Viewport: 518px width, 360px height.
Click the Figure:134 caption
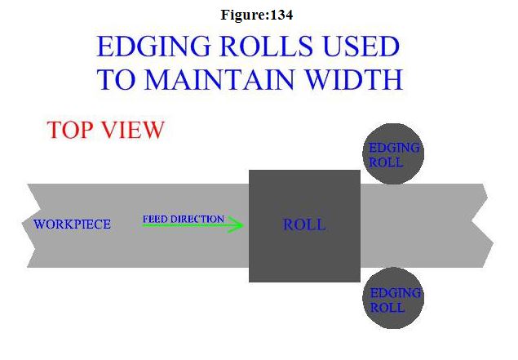point(258,15)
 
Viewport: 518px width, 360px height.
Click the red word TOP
point(70,130)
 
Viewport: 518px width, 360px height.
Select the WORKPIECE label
point(72,224)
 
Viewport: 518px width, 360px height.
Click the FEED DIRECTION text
point(183,219)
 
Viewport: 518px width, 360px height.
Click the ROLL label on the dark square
point(304,224)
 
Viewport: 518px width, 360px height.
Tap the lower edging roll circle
point(393,299)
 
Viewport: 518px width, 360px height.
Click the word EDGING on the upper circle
point(394,148)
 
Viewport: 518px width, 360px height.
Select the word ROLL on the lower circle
point(387,308)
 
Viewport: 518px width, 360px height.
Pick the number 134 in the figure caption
point(282,15)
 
